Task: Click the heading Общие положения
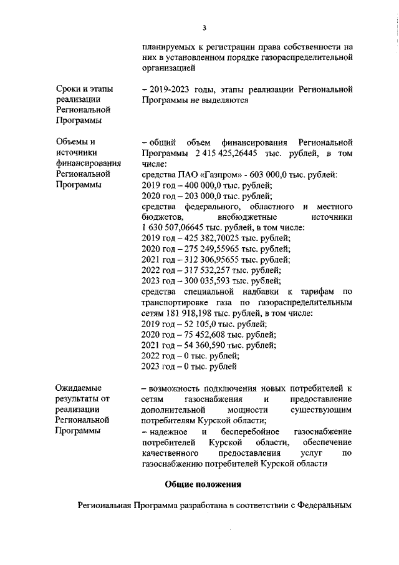(203, 484)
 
